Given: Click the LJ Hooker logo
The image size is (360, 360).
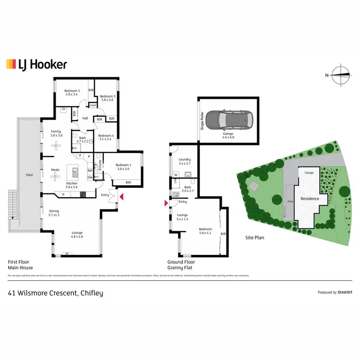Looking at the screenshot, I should (x=36, y=64).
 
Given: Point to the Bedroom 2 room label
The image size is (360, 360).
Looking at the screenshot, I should (x=72, y=93).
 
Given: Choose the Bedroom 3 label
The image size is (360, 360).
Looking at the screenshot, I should (x=107, y=97).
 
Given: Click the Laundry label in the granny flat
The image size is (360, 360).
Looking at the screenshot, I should (x=185, y=161).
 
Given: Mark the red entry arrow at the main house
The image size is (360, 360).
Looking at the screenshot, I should (x=121, y=197).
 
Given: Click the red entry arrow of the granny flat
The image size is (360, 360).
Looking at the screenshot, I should (x=166, y=204).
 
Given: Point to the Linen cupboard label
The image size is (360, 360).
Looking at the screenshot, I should (x=93, y=105).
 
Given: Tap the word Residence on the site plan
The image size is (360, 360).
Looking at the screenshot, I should (x=310, y=198).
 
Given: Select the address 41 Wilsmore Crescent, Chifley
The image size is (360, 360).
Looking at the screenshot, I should (x=55, y=293).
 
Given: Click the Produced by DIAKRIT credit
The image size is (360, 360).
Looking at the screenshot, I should (x=335, y=292).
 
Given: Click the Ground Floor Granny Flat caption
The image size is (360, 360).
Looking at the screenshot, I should (x=180, y=265).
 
